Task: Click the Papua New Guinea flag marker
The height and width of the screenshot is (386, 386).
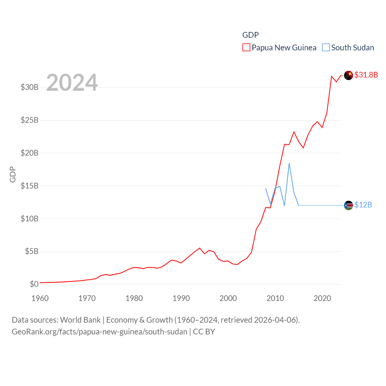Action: click(x=348, y=75)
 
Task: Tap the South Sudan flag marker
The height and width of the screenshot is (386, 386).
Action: click(x=348, y=205)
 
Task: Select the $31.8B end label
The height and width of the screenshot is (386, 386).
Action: click(x=366, y=75)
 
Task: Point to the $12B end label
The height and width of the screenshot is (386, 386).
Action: click(x=363, y=205)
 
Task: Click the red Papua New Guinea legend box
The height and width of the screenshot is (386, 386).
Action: click(x=246, y=48)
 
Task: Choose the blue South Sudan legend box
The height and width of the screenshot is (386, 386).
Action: click(x=326, y=48)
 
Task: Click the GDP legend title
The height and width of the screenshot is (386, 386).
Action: click(x=250, y=35)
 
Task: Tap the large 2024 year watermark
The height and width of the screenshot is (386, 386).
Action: click(x=72, y=83)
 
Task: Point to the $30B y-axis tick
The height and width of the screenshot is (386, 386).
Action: click(x=30, y=87)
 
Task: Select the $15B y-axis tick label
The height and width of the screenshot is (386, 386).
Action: click(x=30, y=186)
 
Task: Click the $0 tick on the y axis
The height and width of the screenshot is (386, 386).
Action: click(x=34, y=284)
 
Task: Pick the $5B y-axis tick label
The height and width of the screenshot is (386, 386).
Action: click(x=32, y=251)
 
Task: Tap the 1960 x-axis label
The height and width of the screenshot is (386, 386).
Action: click(x=40, y=299)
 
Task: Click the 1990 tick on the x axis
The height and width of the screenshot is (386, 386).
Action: click(x=181, y=299)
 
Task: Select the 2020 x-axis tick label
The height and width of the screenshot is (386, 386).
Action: click(x=322, y=299)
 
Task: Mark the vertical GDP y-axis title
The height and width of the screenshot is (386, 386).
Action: click(x=13, y=174)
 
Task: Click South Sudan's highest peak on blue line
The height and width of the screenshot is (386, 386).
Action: click(x=289, y=163)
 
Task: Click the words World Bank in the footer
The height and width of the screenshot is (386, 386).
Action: click(x=81, y=320)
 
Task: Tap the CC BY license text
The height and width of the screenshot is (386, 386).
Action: click(x=204, y=332)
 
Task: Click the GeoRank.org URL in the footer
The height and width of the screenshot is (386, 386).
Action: click(x=100, y=332)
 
